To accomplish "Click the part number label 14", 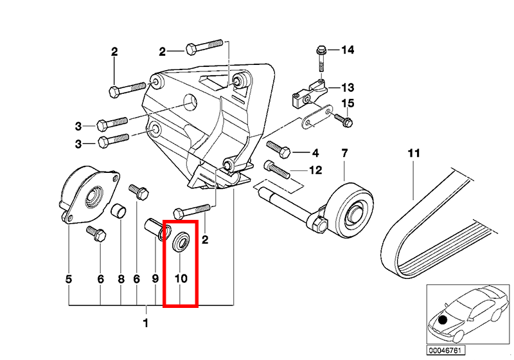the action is click(348, 50).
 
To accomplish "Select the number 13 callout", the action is click(348, 87).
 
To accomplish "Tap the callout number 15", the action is click(348, 104).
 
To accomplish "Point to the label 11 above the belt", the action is click(414, 153).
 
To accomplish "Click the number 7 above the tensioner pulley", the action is click(344, 153).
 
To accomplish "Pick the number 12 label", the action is click(315, 170).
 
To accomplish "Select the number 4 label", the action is click(315, 153).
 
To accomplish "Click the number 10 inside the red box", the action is click(181, 279).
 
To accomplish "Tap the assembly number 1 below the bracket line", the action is click(146, 323).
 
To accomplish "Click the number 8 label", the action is click(121, 279).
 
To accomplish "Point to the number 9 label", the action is click(155, 279).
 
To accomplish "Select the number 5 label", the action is click(69, 279).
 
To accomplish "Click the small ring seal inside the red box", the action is click(181, 242).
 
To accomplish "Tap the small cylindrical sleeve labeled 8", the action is click(120, 211).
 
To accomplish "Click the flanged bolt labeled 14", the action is click(321, 59).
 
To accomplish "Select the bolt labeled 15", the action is click(343, 120).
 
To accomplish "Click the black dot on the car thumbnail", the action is click(443, 319).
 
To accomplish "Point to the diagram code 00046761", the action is click(445, 350).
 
